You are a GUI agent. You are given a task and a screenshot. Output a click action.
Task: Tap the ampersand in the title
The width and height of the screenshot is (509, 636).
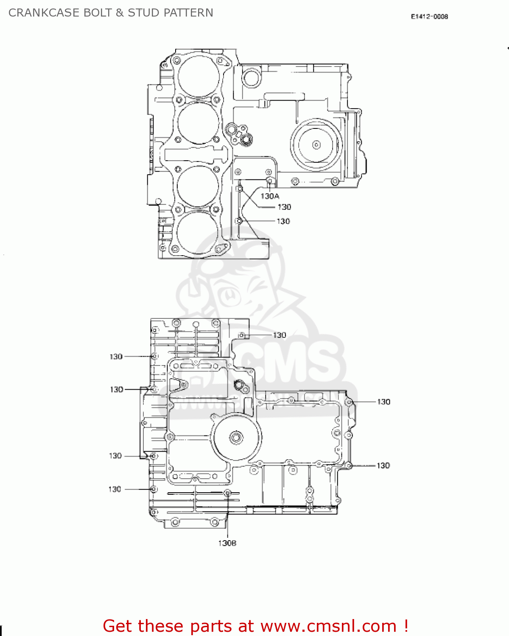pos(120,13)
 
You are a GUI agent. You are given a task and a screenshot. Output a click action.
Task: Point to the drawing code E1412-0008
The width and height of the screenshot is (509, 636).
pos(429,17)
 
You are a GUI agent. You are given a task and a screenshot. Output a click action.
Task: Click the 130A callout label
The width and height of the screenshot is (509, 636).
pos(270,196)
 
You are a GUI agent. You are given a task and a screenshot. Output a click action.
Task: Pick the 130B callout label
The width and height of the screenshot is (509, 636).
pos(227,543)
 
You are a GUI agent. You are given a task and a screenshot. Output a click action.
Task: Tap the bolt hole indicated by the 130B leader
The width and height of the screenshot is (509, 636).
pos(227,493)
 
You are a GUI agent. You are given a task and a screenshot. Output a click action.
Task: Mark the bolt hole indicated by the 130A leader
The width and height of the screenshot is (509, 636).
pos(269,181)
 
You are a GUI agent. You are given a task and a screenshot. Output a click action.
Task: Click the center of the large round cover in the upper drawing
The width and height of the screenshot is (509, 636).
pos(316,145)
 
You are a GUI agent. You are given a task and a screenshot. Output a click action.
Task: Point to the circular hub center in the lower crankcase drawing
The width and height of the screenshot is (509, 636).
pos(236,438)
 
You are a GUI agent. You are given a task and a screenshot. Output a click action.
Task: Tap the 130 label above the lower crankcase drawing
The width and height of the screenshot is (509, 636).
pos(279,335)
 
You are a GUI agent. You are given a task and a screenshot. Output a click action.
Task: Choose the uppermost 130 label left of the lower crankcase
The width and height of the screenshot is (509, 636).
pos(116,357)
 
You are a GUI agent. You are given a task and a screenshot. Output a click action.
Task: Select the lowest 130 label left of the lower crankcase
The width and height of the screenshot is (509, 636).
pos(115,489)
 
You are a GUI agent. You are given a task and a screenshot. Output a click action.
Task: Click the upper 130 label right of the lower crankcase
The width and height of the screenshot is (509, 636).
pos(383,402)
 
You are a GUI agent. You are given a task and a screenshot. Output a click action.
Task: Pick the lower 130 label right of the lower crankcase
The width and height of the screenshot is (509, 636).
pos(383,466)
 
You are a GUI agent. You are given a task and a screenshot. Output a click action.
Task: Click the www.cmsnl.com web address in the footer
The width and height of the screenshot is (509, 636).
pos(328,626)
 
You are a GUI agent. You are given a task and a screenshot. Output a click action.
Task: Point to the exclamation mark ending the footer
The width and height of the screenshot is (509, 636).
pos(406,626)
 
